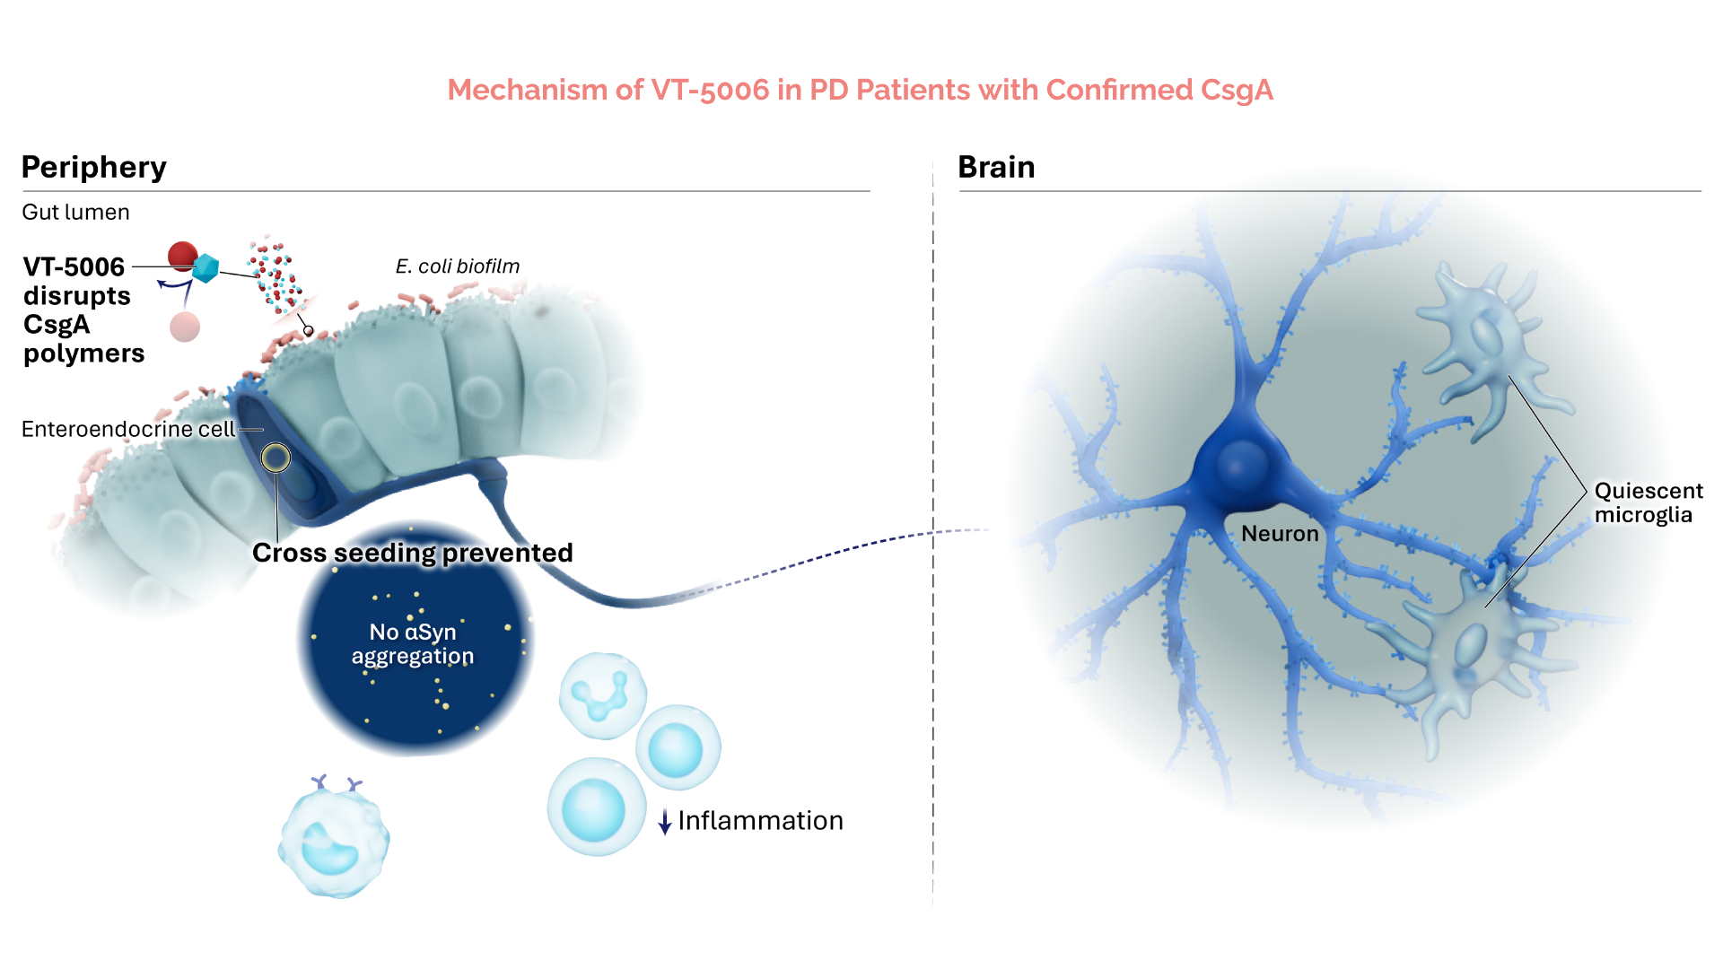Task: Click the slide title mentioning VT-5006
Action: [x=860, y=90]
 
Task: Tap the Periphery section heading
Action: [x=93, y=168]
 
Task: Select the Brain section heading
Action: [x=996, y=168]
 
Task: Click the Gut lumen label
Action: [x=75, y=213]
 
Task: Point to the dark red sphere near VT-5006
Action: [x=182, y=255]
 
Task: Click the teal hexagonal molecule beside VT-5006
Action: [x=206, y=267]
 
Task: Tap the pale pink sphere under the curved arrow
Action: [x=185, y=327]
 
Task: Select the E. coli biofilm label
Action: [x=457, y=266]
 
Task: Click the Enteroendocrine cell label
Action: [x=127, y=430]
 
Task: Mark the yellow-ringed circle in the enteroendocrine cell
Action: [x=276, y=458]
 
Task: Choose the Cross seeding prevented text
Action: [x=412, y=553]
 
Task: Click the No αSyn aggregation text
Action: [x=413, y=644]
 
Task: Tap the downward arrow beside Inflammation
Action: [x=665, y=821]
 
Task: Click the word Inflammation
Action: [x=760, y=821]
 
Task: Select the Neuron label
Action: [x=1280, y=534]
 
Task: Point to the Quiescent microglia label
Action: [x=1648, y=502]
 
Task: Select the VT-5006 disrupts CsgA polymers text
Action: [x=83, y=310]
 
